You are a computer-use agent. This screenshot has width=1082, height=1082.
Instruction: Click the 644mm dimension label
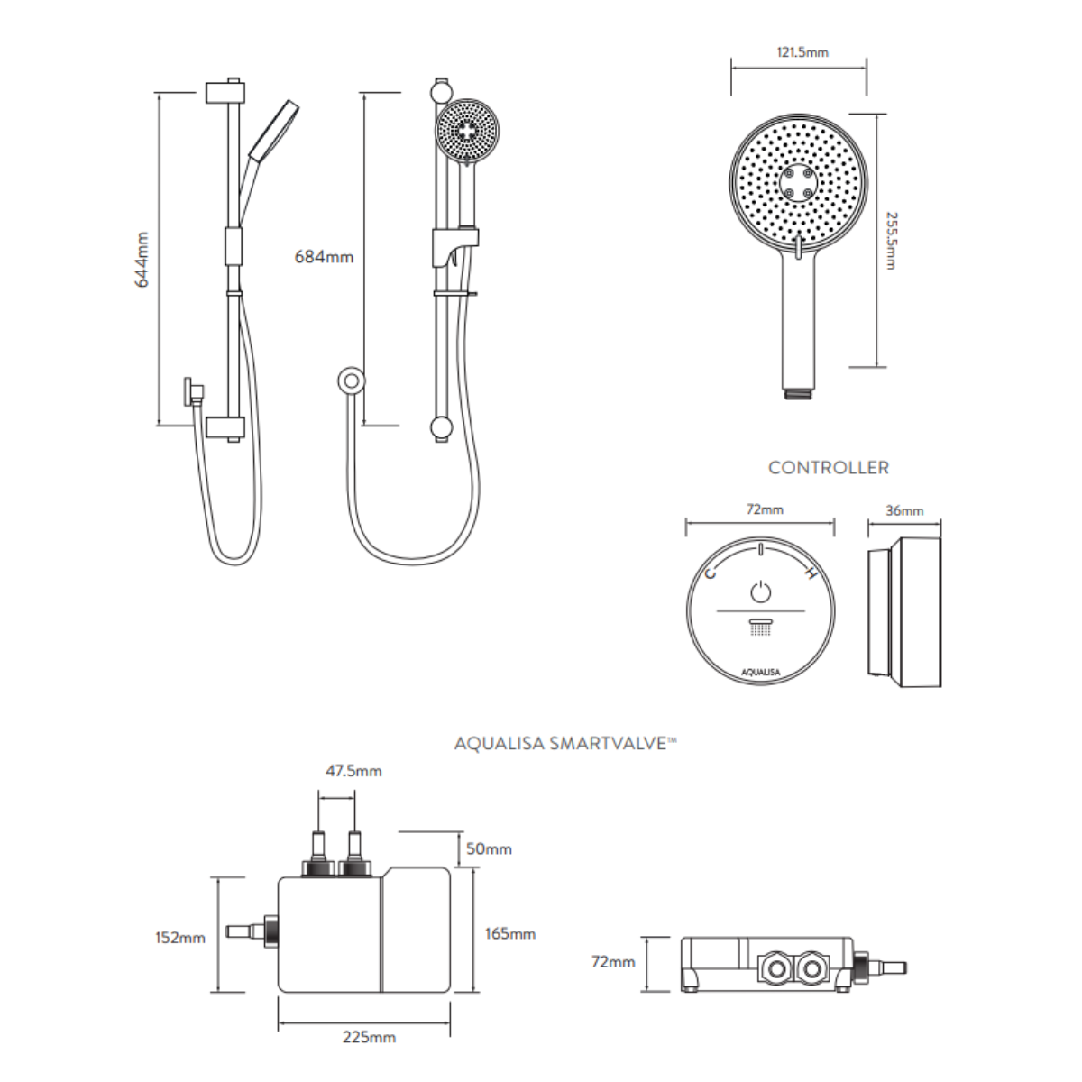tap(142, 260)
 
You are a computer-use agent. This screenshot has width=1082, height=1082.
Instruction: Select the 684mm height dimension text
tap(324, 257)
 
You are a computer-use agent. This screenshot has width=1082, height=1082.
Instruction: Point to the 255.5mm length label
tap(890, 241)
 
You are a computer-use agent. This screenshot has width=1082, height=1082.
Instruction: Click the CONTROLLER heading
tap(828, 468)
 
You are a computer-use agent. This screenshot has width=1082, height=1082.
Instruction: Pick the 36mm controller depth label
tap(903, 510)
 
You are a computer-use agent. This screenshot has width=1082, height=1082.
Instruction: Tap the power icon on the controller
tap(761, 592)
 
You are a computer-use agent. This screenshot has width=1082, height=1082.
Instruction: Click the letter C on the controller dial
tap(711, 573)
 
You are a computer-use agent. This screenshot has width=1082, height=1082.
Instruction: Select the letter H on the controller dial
tap(811, 573)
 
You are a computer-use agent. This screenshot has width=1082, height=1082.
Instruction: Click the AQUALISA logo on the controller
tap(760, 670)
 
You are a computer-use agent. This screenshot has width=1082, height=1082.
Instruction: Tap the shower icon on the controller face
tap(761, 627)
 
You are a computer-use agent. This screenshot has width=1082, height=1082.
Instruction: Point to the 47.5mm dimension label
tap(353, 771)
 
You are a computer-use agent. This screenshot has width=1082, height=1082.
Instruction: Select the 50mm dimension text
tap(489, 848)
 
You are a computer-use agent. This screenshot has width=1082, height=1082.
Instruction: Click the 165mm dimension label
tap(509, 933)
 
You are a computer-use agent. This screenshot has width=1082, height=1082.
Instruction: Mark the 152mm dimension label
tap(180, 938)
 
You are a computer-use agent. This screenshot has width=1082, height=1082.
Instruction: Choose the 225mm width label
tap(369, 1037)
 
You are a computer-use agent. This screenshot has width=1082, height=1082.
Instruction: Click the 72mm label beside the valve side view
tap(613, 962)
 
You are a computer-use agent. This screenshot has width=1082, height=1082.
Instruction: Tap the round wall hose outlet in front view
tap(351, 381)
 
